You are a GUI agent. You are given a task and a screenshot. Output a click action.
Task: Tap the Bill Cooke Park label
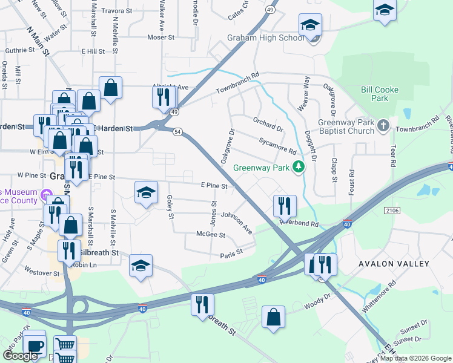(379, 94)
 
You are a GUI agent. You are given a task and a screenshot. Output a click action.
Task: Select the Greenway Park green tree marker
(298, 167)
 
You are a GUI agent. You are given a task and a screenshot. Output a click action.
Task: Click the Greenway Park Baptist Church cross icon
(382, 126)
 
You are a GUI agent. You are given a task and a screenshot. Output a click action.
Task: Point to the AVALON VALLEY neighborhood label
(394, 264)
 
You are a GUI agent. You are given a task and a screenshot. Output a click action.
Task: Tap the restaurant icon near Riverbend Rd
(284, 206)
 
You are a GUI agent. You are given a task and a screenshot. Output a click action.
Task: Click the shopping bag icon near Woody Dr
(274, 317)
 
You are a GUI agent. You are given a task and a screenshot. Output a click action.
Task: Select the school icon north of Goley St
(145, 192)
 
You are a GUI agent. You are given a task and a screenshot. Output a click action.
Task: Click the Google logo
(20, 356)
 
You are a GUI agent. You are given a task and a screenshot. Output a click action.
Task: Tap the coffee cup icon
(35, 345)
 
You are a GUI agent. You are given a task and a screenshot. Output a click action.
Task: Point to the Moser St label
(161, 38)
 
